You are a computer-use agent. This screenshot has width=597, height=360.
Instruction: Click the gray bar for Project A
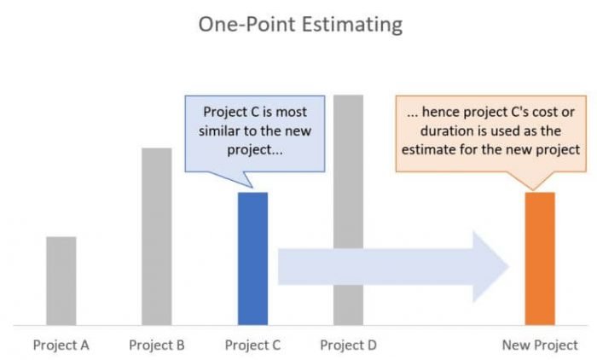pos(61,280)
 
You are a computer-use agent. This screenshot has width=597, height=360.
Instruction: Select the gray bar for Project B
pos(157,236)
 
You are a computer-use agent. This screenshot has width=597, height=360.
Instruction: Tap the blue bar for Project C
pos(252,258)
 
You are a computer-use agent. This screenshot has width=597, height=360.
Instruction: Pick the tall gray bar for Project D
pos(348,209)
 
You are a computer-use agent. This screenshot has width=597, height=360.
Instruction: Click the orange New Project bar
pos(540,258)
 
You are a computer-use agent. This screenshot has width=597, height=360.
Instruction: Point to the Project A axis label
pos(61,345)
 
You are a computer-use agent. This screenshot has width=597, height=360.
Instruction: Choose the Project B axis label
pos(157,345)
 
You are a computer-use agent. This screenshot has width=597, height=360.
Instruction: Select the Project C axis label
pos(252,345)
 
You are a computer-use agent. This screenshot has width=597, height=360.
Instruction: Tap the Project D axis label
pos(348,345)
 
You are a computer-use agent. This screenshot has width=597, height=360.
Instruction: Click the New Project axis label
pos(540,345)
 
